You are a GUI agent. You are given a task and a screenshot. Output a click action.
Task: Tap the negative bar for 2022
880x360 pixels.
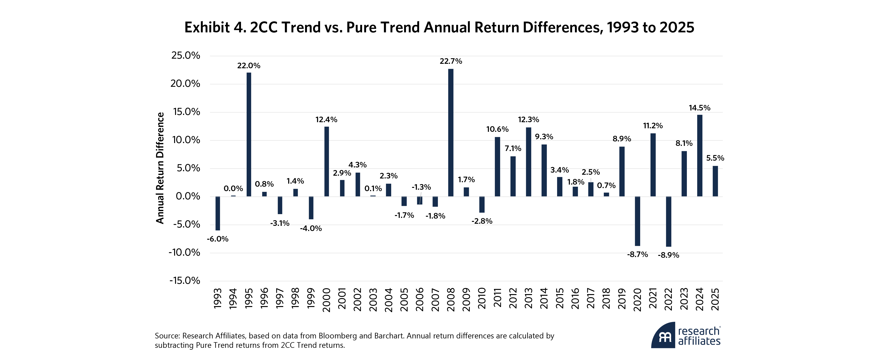(669, 221)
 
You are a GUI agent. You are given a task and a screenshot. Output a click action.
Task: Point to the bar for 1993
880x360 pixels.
(218, 213)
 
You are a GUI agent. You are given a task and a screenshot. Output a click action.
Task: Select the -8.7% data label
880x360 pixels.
(637, 254)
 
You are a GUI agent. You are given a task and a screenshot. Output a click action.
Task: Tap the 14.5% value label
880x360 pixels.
(699, 108)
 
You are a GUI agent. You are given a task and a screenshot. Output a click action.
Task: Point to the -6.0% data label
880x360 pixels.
(218, 239)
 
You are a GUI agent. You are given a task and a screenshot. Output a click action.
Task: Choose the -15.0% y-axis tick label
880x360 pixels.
(185, 281)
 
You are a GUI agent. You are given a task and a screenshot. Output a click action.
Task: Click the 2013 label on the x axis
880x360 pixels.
(528, 298)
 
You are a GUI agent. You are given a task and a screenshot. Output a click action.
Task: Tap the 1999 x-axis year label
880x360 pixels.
(311, 298)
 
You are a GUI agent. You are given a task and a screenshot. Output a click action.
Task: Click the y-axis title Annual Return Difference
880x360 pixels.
(160, 168)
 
